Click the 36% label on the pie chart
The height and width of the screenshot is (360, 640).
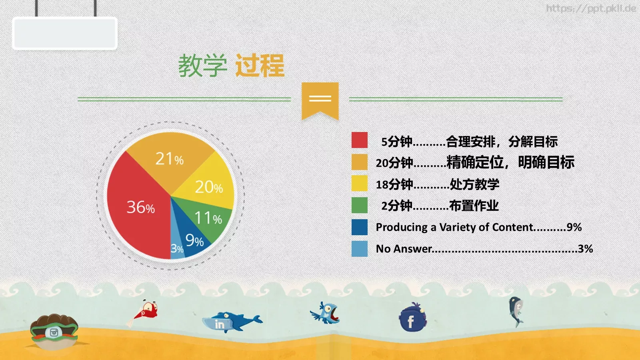pyautogui.click(x=140, y=207)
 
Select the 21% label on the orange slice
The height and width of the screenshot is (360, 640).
pyautogui.click(x=169, y=159)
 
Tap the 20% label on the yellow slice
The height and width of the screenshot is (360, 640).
pyautogui.click(x=208, y=187)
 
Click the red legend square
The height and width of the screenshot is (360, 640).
pyautogui.click(x=359, y=140)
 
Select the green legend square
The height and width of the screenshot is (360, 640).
pyautogui.click(x=359, y=205)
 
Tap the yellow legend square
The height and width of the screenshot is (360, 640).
pyautogui.click(x=359, y=184)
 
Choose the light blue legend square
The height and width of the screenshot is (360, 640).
pyautogui.click(x=359, y=248)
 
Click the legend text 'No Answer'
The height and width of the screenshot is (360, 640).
pyautogui.click(x=404, y=249)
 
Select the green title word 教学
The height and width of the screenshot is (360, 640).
pyautogui.click(x=202, y=66)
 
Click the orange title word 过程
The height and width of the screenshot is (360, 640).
pyautogui.click(x=260, y=66)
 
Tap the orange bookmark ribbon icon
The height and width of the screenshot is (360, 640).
pyautogui.click(x=320, y=100)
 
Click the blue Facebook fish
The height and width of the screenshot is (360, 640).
pyautogui.click(x=412, y=318)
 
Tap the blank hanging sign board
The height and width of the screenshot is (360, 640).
pyautogui.click(x=65, y=34)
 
